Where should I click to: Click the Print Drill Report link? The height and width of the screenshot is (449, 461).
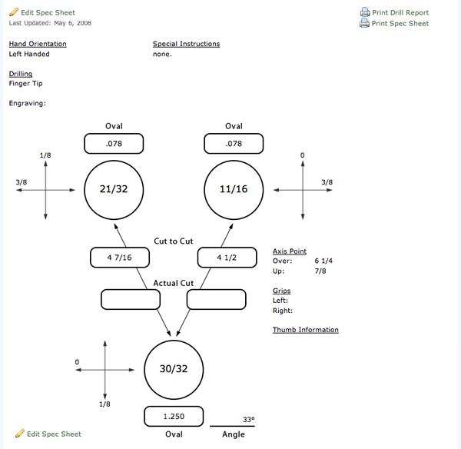[x=400, y=12]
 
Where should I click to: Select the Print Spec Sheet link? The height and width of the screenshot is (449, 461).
[x=400, y=23]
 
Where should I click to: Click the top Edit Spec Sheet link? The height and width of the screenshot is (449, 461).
[x=48, y=12]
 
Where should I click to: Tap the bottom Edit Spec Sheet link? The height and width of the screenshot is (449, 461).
[x=54, y=434]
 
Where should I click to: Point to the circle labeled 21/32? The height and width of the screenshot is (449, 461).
[x=114, y=188]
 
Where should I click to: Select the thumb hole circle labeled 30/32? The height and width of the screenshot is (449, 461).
[x=174, y=368]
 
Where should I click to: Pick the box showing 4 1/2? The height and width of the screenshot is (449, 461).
[x=227, y=258]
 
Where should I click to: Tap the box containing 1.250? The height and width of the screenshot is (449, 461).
[x=174, y=416]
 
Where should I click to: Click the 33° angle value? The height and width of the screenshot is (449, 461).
[x=248, y=420]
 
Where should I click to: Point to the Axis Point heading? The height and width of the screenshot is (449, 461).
[x=290, y=251]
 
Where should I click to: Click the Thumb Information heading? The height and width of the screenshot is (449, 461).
[x=305, y=330]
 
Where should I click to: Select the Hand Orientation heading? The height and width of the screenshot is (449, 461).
[x=38, y=44]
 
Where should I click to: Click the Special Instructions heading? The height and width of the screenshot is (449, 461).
[x=186, y=44]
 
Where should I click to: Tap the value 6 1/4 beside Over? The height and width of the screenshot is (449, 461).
[x=323, y=261]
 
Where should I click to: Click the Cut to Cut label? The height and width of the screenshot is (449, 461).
[x=174, y=241]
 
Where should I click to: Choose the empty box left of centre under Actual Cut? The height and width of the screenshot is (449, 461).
[x=131, y=299]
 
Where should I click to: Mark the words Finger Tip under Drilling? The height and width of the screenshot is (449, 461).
[x=26, y=84]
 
